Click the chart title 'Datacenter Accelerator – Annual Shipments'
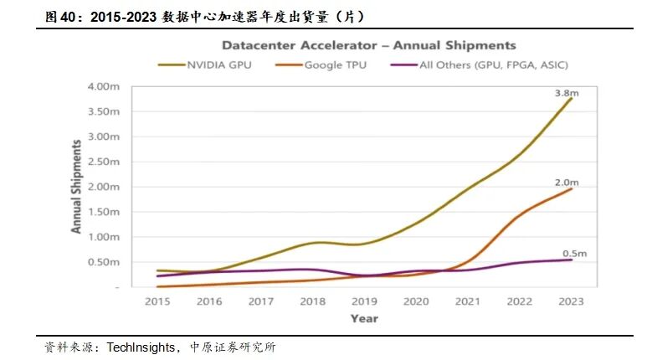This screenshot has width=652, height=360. pos(368,45)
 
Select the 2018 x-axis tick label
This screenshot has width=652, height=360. pos(312,301)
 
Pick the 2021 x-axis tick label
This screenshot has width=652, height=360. pos(468,301)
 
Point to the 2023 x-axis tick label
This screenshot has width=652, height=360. pos(571,301)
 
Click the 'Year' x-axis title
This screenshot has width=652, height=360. pos(364,318)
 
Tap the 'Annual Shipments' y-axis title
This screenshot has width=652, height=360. pos(76,186)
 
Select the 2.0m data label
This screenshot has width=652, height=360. pos(567,180)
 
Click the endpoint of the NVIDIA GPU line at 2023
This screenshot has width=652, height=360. pos(572,98)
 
